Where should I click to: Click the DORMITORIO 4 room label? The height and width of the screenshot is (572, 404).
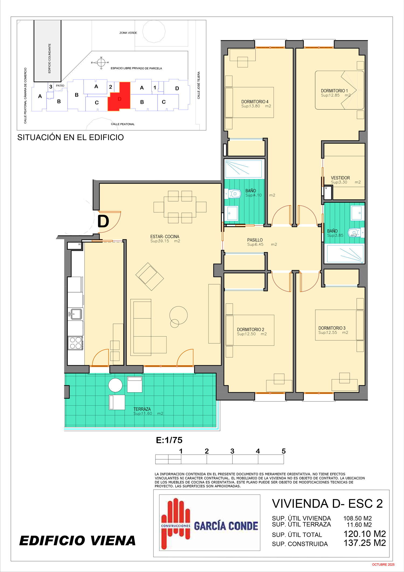pyautogui.click(x=255, y=102)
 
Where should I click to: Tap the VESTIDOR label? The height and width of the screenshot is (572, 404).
pyautogui.click(x=340, y=178)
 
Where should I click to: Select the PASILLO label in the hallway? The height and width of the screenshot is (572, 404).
pyautogui.click(x=255, y=240)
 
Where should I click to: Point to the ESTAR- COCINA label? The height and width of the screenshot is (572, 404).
pyautogui.click(x=165, y=236)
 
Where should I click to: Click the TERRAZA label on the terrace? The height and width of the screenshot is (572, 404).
pyautogui.click(x=142, y=409)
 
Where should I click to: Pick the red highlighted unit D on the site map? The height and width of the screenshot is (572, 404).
pyautogui.click(x=119, y=97)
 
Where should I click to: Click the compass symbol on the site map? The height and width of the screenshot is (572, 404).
pyautogui.click(x=101, y=63)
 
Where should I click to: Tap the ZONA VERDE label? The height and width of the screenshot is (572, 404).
pyautogui.click(x=128, y=33)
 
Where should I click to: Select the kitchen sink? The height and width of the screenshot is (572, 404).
pyautogui.click(x=75, y=314)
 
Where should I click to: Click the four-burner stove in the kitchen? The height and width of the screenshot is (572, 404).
pyautogui.click(x=75, y=343)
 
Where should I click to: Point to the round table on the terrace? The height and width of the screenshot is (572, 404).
pyautogui.click(x=115, y=385)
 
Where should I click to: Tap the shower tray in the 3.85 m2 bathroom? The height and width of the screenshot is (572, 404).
pyautogui.click(x=344, y=254)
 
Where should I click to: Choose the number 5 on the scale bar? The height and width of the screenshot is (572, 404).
pyautogui.click(x=284, y=451)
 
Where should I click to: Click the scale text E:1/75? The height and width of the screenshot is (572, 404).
pyautogui.click(x=169, y=440)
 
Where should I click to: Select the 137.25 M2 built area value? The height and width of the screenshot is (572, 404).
pyautogui.click(x=365, y=543)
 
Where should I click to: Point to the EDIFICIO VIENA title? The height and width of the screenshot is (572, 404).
pyautogui.click(x=78, y=541)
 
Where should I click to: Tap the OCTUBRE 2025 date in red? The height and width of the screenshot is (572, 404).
pyautogui.click(x=383, y=564)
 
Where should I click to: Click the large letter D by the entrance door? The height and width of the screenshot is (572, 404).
pyautogui.click(x=103, y=221)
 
